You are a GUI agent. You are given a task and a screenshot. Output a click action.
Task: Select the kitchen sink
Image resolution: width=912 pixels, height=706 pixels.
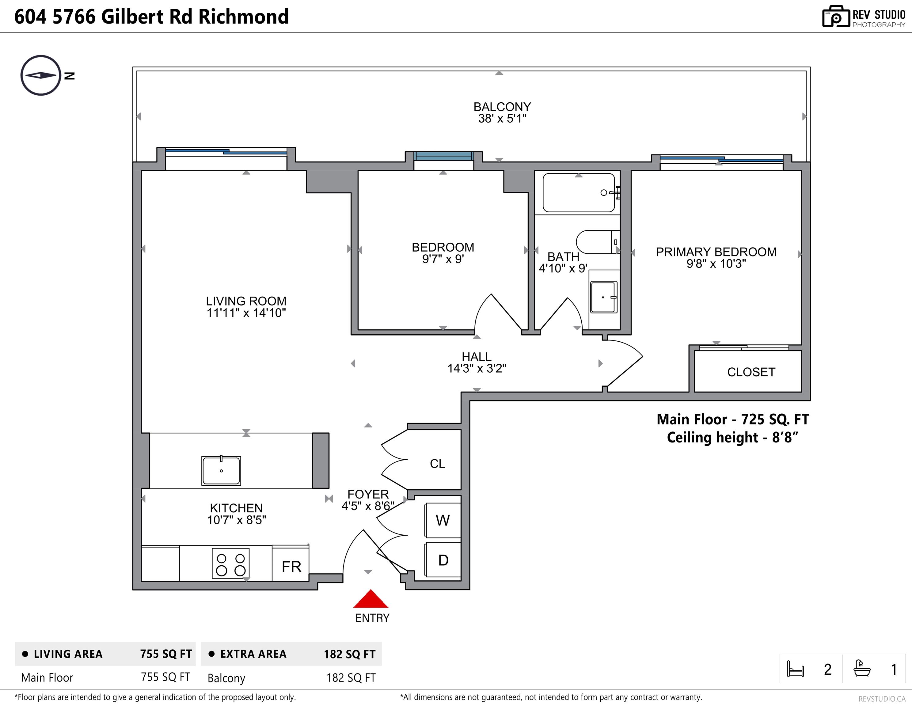point(221,471)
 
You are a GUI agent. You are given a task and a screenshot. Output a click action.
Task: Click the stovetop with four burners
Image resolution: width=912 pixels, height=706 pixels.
point(230,563)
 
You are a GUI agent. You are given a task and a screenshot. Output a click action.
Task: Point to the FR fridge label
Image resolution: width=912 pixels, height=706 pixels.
point(291,567)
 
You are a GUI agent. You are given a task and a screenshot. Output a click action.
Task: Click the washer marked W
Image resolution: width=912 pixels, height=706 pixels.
point(443,520)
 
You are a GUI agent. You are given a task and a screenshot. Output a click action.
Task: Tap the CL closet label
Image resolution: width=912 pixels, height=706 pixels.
point(437,463)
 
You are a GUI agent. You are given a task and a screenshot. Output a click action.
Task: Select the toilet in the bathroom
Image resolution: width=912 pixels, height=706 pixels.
point(598,242)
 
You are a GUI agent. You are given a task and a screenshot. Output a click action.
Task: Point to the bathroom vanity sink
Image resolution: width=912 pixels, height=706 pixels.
point(603,297)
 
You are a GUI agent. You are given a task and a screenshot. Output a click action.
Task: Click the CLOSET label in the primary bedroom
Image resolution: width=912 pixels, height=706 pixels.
point(751,372)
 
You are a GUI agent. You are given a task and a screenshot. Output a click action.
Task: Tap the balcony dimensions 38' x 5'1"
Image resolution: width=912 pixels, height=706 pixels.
point(502,119)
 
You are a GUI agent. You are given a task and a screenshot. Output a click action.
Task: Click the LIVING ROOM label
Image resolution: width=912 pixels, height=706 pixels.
point(246,301)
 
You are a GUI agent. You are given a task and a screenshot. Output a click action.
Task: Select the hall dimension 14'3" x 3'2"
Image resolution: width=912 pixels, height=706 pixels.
point(477,368)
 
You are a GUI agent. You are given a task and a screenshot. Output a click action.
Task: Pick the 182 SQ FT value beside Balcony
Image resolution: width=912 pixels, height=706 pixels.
point(351,678)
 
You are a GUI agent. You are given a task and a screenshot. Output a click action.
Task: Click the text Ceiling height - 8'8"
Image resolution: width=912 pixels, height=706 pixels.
point(732,438)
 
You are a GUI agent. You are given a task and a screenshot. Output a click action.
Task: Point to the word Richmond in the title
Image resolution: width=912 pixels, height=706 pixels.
point(243,17)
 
